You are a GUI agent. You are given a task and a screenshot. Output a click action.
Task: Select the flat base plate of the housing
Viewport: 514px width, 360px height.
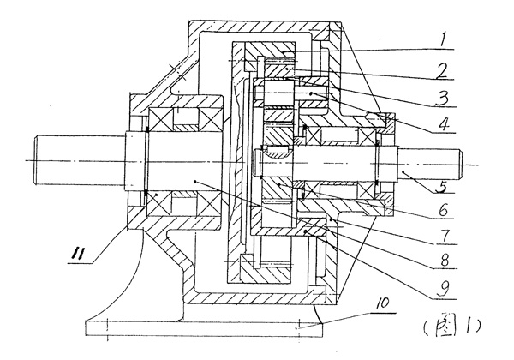point(197,327)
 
